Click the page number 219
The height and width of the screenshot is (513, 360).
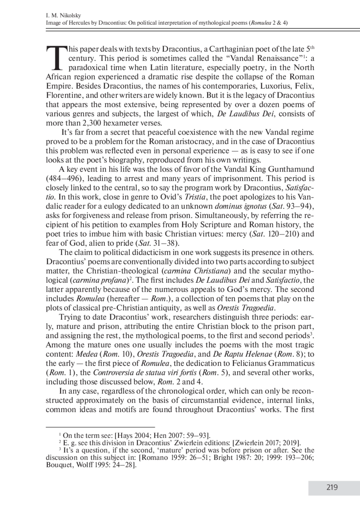332,487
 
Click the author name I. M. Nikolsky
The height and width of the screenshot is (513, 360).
63,16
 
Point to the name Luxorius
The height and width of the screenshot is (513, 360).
277,86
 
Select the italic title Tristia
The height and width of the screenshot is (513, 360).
194,197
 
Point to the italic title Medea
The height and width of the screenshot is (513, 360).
87,354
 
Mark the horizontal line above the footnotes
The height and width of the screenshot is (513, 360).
100,426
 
